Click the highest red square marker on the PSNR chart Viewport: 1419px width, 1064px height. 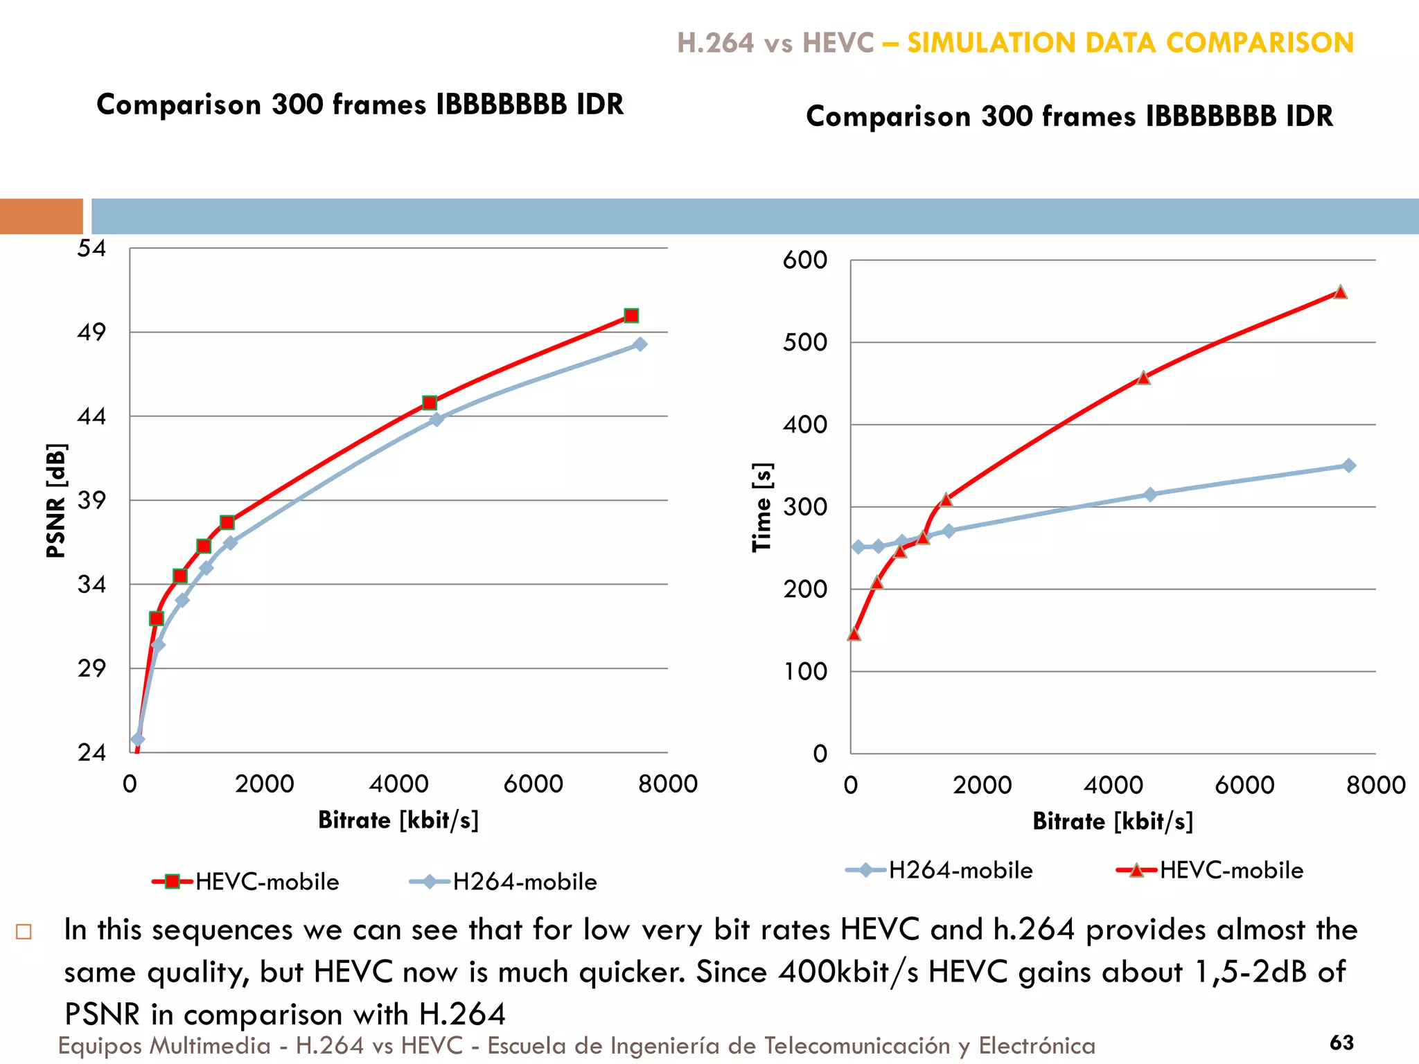(x=631, y=316)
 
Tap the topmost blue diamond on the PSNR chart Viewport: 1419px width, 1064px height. (x=640, y=344)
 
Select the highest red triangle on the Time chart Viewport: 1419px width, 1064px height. (x=1340, y=292)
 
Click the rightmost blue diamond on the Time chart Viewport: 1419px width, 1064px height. (x=1348, y=465)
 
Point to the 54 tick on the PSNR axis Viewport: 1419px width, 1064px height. (x=91, y=248)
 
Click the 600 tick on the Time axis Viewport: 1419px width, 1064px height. (x=805, y=260)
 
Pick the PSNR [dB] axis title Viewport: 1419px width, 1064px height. (x=56, y=500)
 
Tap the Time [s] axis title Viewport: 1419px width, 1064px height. (x=762, y=506)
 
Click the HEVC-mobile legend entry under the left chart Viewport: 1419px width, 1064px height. (x=246, y=882)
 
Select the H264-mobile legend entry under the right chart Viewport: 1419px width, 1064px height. (x=940, y=870)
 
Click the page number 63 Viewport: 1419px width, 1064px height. (x=1341, y=1043)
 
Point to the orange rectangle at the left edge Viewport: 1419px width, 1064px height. (x=41, y=216)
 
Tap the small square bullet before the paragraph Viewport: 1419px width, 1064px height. (x=24, y=932)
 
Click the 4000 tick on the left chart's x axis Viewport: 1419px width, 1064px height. (x=398, y=784)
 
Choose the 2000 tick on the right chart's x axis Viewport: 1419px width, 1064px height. (x=982, y=785)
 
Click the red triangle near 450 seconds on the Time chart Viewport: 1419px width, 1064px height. (x=1143, y=378)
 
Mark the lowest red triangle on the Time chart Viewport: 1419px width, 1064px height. (x=854, y=634)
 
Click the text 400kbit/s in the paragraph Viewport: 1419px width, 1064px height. (x=849, y=972)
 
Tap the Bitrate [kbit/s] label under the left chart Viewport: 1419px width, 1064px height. (x=398, y=820)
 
